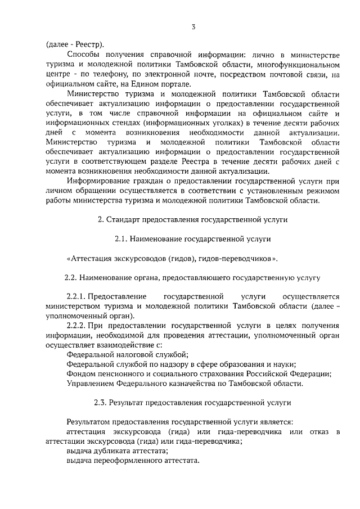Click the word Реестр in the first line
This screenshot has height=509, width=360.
[89, 44]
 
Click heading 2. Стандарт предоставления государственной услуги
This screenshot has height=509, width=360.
[193, 220]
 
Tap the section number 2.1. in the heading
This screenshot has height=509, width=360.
[121, 240]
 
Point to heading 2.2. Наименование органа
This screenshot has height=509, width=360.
[193, 278]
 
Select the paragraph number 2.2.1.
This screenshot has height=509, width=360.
[76, 296]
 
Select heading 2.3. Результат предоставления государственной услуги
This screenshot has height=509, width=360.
[193, 403]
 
